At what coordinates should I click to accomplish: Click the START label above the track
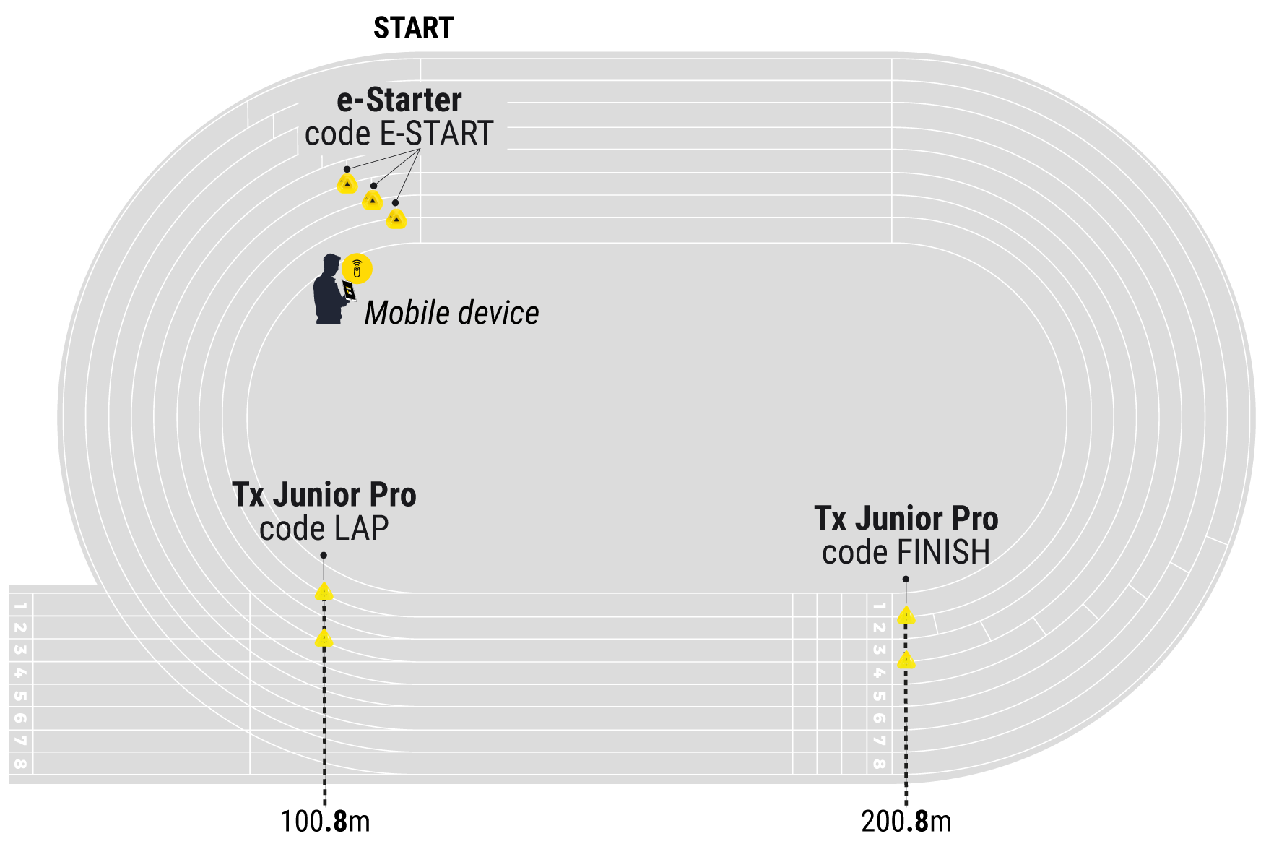click(413, 28)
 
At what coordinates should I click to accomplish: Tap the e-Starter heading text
click(399, 100)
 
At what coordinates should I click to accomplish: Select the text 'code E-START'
click(399, 134)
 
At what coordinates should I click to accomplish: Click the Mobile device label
click(451, 313)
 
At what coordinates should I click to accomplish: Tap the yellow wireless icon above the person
click(357, 269)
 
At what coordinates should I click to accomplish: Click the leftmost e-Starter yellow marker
click(347, 184)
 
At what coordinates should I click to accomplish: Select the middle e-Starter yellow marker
click(373, 199)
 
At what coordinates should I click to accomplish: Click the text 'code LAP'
click(324, 529)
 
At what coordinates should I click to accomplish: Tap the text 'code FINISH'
click(906, 553)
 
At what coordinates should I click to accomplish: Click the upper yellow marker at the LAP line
click(324, 592)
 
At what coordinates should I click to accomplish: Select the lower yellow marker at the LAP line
click(324, 638)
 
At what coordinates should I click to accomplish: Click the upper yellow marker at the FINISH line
click(906, 616)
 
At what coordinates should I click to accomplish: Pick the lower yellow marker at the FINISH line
click(906, 660)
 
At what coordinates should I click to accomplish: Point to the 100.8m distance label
click(325, 822)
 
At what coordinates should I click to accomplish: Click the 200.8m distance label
click(906, 822)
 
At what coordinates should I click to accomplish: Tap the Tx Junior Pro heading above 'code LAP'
click(324, 496)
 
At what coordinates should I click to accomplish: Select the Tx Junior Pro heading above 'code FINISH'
click(906, 520)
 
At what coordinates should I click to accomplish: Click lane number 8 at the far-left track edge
click(20, 763)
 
